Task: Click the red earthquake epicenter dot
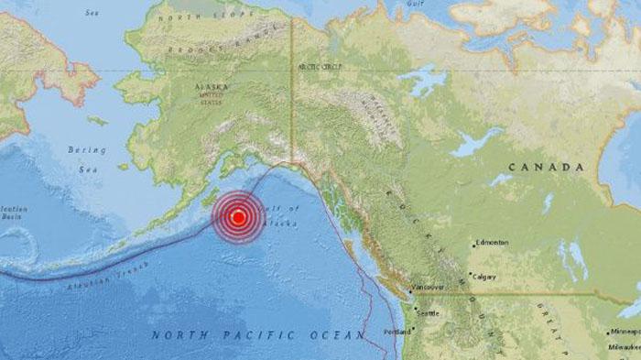click(x=238, y=217)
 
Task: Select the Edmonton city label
click(x=492, y=243)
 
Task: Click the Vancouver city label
click(x=428, y=288)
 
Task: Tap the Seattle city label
click(x=428, y=314)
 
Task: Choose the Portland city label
click(x=397, y=331)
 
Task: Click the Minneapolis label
click(x=626, y=333)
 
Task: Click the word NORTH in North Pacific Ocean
click(x=176, y=335)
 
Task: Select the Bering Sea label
click(x=87, y=158)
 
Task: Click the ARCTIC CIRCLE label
click(x=317, y=68)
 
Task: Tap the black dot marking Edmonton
click(x=473, y=245)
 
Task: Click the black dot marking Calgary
click(x=468, y=276)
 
